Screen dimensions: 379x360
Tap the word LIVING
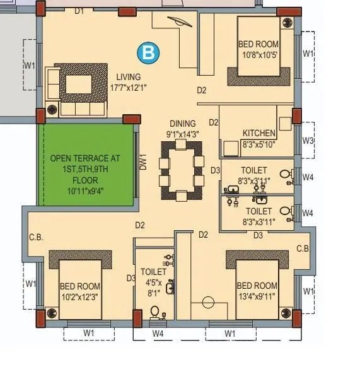coord(128,77)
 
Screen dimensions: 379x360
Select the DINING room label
coord(182,124)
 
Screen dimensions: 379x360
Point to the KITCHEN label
coord(259,133)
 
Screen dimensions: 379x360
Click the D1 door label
coord(79,11)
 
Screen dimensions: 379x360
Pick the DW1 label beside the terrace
coord(143,163)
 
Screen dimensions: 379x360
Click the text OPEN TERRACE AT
coord(84,158)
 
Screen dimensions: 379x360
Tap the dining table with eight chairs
coord(182,170)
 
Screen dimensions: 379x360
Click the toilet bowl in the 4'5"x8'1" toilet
coord(155,311)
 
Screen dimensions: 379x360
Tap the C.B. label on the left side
coord(35,238)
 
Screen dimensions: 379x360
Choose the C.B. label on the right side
coord(303,249)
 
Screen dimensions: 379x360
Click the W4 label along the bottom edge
coord(158,332)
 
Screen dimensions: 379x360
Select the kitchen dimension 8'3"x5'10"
coord(258,144)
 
